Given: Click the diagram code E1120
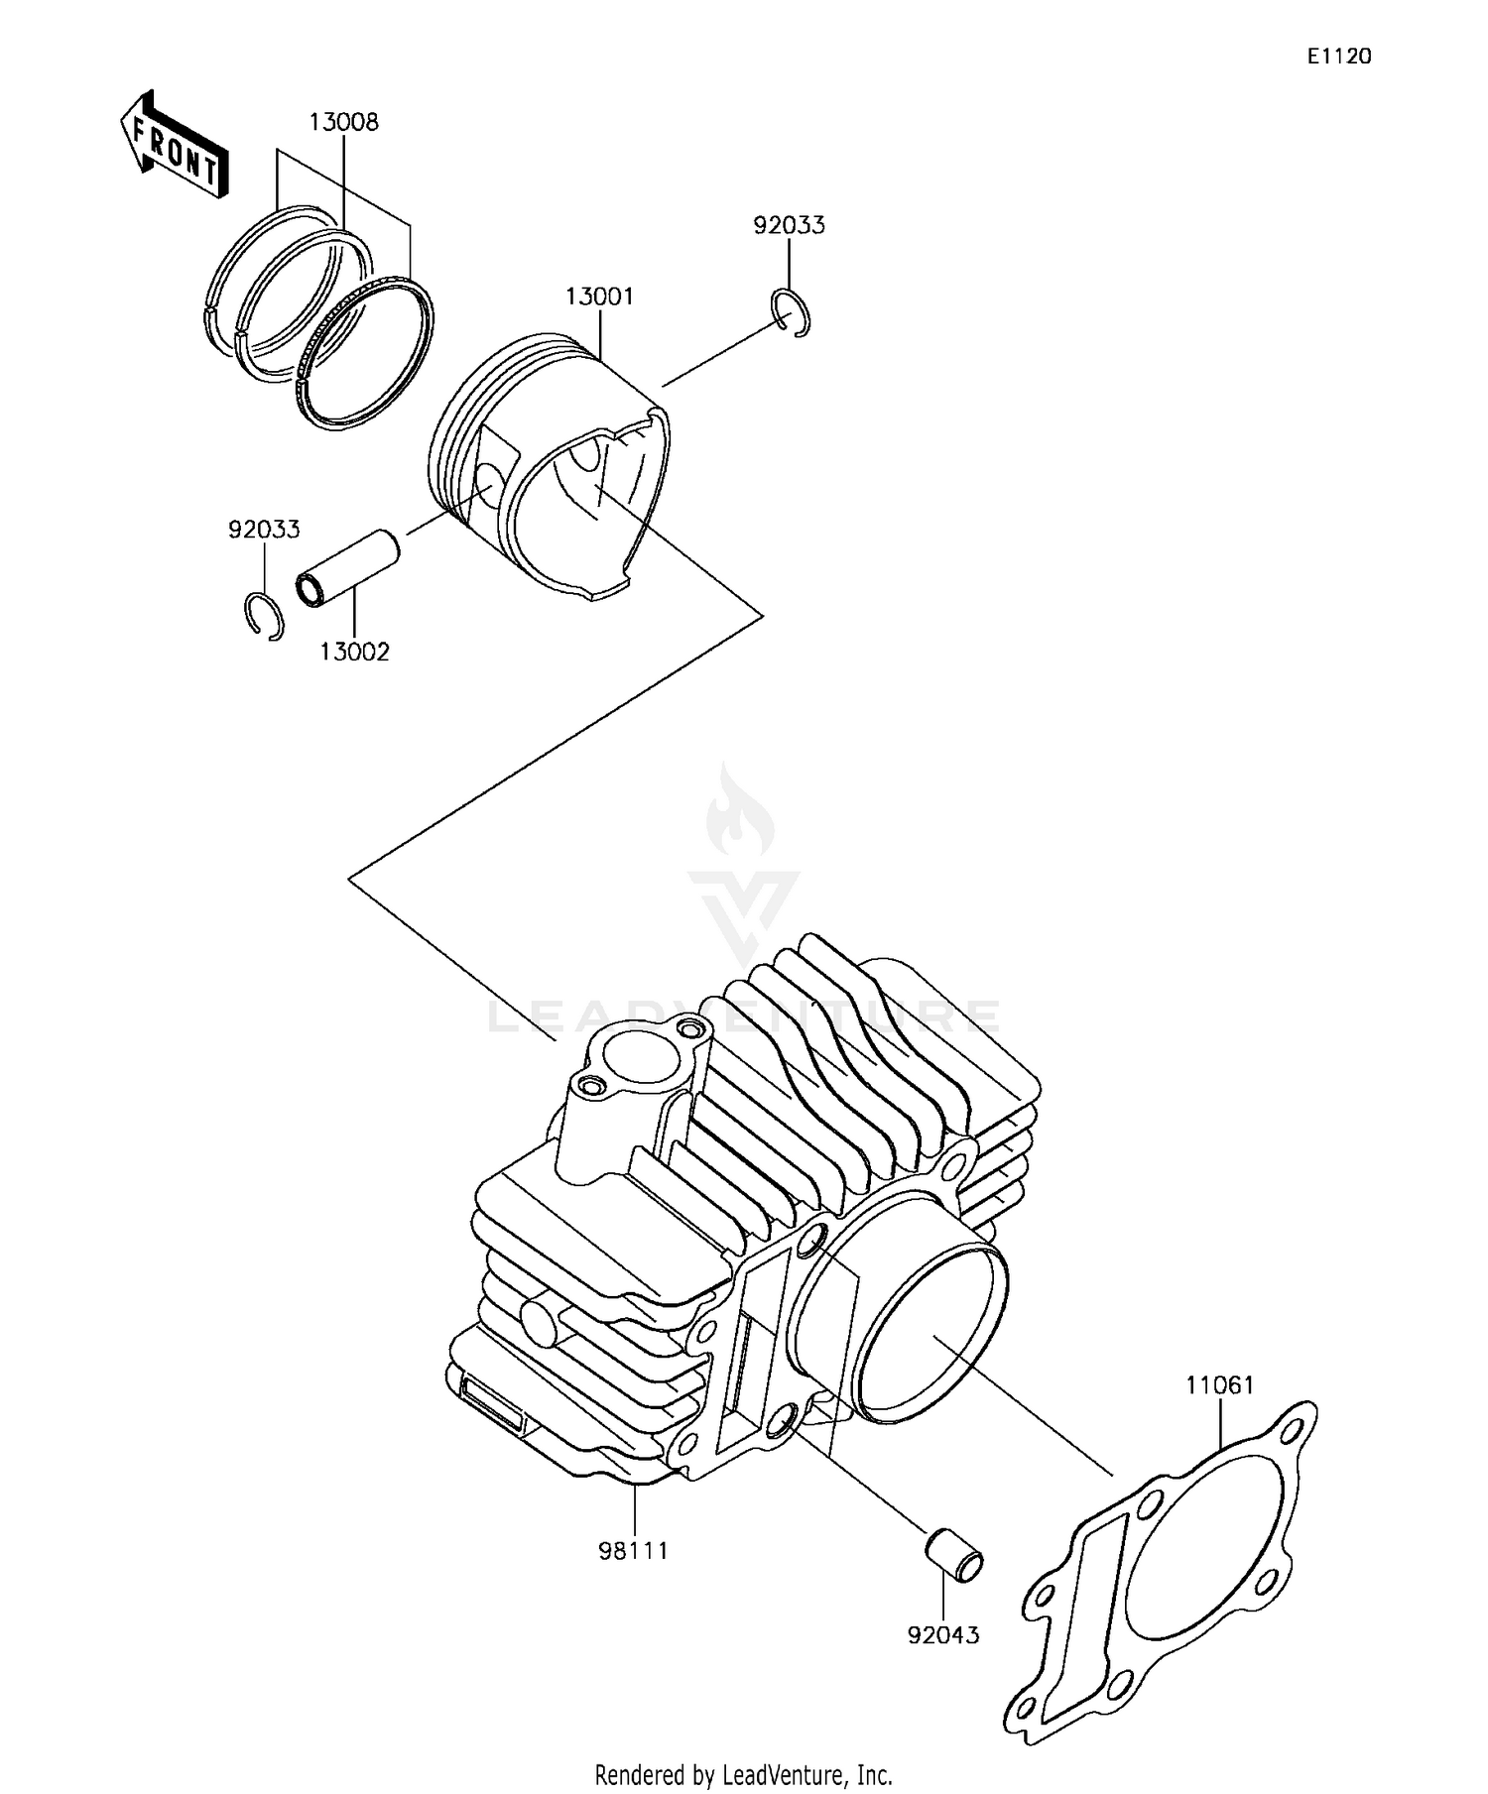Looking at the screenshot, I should point(1338,57).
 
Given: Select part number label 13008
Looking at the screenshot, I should point(343,123).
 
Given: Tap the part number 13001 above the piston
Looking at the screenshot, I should point(599,297).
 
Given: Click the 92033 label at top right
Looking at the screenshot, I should point(789,225).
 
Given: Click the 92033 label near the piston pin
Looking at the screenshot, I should point(264,530).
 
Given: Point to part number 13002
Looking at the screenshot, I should point(354,652).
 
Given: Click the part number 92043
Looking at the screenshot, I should point(942,1634).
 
